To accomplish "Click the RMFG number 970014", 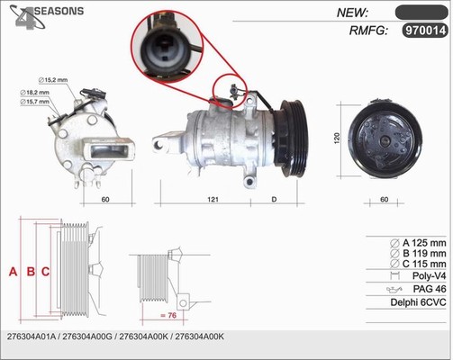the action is (425, 30).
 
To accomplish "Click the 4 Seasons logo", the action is (46, 16).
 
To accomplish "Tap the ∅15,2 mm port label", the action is (53, 80).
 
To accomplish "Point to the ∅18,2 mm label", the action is (34, 93).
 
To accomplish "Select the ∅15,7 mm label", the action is (34, 102).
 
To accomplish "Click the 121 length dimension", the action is (213, 199).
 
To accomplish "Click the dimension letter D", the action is (274, 199).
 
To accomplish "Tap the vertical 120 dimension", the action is (337, 139).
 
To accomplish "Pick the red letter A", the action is (13, 272).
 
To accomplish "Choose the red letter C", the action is (45, 272).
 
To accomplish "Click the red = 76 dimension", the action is (168, 315).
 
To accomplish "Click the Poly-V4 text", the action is (430, 275).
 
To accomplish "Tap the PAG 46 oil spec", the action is (430, 289).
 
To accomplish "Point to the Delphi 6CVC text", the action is (418, 302).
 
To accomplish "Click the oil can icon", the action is (394, 290).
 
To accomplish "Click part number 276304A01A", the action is (32, 337).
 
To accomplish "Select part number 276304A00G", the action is (87, 337).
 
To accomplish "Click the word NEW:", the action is (352, 13).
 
